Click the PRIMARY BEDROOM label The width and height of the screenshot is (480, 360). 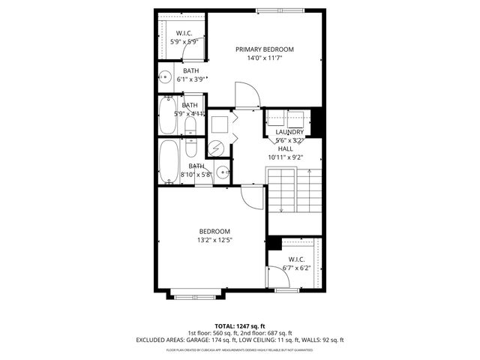click(264, 49)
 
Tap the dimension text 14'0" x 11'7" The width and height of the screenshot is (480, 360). click(264, 58)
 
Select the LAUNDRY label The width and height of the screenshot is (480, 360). click(289, 132)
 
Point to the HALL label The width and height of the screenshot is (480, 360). click(285, 148)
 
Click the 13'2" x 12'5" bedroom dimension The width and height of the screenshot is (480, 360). click(214, 241)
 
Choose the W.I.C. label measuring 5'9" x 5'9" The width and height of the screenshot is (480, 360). click(184, 34)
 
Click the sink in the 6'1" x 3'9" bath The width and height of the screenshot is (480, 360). click(163, 76)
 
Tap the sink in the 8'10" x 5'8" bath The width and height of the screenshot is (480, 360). click(222, 173)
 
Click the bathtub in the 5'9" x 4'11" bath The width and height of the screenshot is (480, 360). click(166, 115)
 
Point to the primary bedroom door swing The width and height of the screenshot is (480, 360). click(247, 94)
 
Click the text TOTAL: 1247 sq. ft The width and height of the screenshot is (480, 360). click(239, 325)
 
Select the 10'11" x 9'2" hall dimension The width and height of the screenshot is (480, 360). click(285, 157)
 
